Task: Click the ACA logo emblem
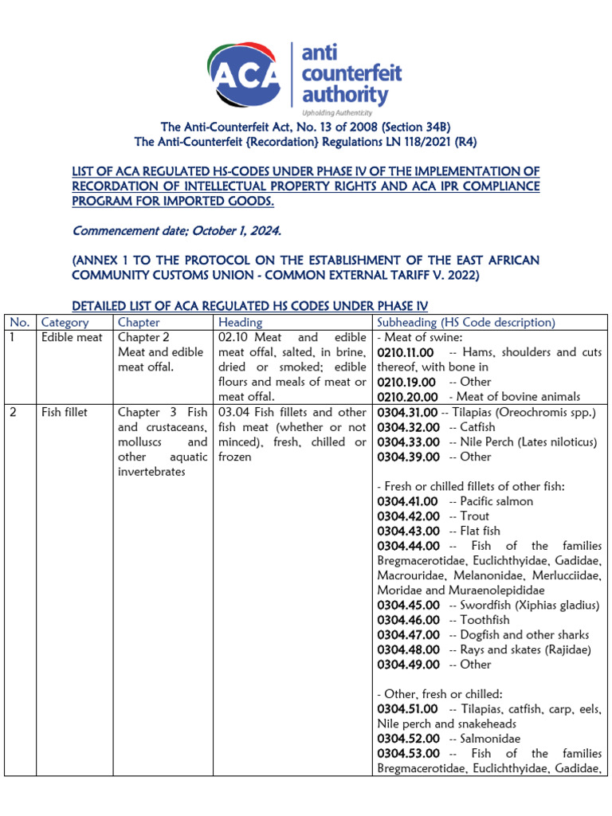coord(245,74)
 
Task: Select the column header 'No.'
coord(19,323)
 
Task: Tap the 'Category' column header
coord(65,323)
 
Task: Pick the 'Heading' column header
coord(240,323)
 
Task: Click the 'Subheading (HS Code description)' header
coord(465,323)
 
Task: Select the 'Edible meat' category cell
coord(72,338)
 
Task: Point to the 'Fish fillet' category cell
coord(65,413)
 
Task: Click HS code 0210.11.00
coord(406,352)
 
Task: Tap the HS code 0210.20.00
coord(406,397)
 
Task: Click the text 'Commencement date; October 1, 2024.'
coord(177,231)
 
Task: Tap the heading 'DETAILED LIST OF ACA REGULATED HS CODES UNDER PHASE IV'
coord(250,306)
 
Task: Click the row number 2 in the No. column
coord(14,413)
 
